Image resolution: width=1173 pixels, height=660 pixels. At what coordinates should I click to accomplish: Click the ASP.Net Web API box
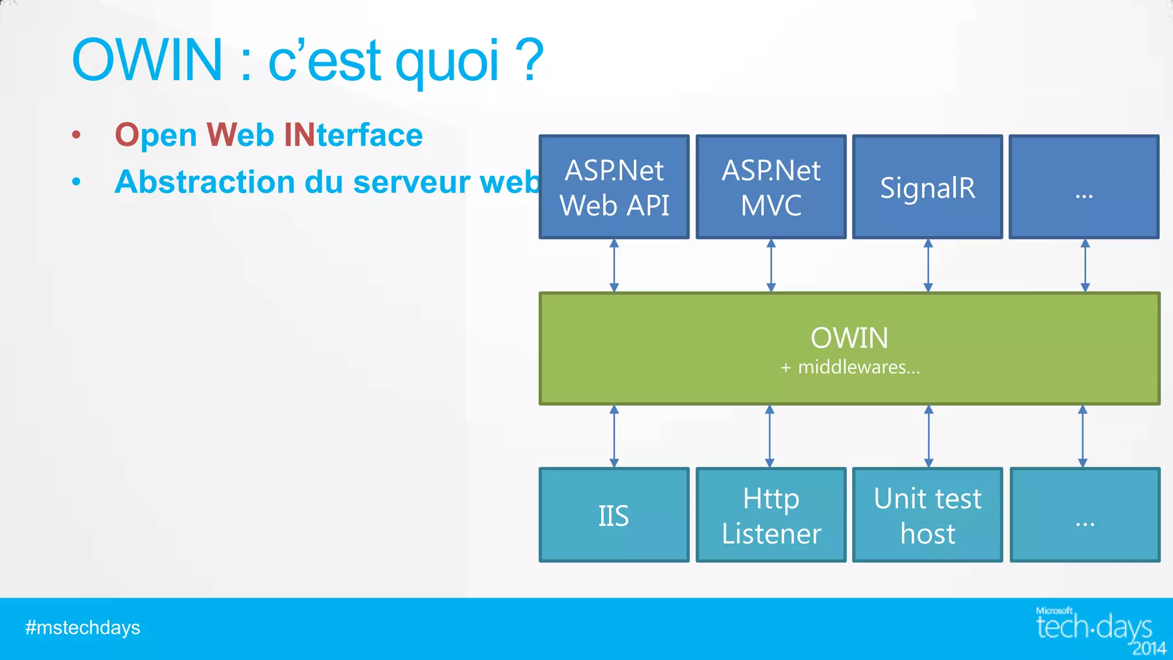click(x=614, y=187)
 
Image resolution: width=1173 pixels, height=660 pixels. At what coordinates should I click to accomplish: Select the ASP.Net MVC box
click(x=771, y=187)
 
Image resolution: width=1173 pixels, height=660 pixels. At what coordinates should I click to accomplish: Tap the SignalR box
click(x=927, y=187)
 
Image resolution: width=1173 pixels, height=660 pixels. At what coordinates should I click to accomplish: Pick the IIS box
click(x=614, y=515)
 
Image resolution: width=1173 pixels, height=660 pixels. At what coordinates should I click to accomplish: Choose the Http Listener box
click(x=771, y=515)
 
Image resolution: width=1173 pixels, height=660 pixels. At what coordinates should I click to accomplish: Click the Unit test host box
click(x=927, y=515)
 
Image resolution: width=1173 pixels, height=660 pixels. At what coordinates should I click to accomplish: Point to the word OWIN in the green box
click(x=849, y=337)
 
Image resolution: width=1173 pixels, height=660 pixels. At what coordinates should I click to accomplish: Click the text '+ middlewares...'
click(x=850, y=367)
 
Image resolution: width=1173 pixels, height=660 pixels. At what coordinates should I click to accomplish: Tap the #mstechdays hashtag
click(x=82, y=628)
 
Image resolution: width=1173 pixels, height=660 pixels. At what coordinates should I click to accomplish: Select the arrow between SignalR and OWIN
click(x=928, y=265)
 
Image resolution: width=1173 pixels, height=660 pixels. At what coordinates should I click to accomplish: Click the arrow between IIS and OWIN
click(x=614, y=436)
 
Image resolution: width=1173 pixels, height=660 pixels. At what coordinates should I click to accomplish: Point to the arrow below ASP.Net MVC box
click(x=771, y=265)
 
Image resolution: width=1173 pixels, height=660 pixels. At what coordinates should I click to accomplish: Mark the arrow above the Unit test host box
click(x=929, y=436)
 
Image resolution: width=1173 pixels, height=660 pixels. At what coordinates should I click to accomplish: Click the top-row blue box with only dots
click(x=1084, y=187)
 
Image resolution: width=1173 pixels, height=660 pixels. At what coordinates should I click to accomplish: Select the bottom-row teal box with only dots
click(x=1085, y=515)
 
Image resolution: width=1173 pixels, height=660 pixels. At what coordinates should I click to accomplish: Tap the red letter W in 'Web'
click(x=221, y=135)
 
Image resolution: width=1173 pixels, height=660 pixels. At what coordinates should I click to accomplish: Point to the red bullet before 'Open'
click(x=76, y=135)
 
